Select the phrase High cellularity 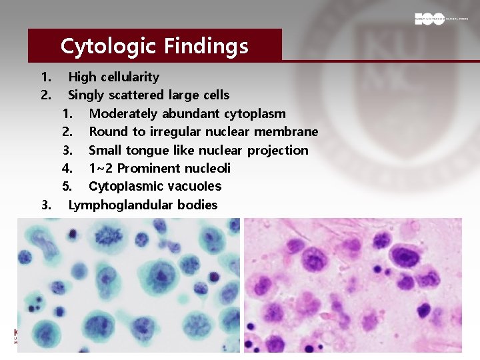point(113,77)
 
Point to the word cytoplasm point(255,114)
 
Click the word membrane point(287,132)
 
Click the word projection point(279,150)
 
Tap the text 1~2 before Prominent point(100,168)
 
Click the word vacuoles point(195,186)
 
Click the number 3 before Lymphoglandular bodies point(45,205)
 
